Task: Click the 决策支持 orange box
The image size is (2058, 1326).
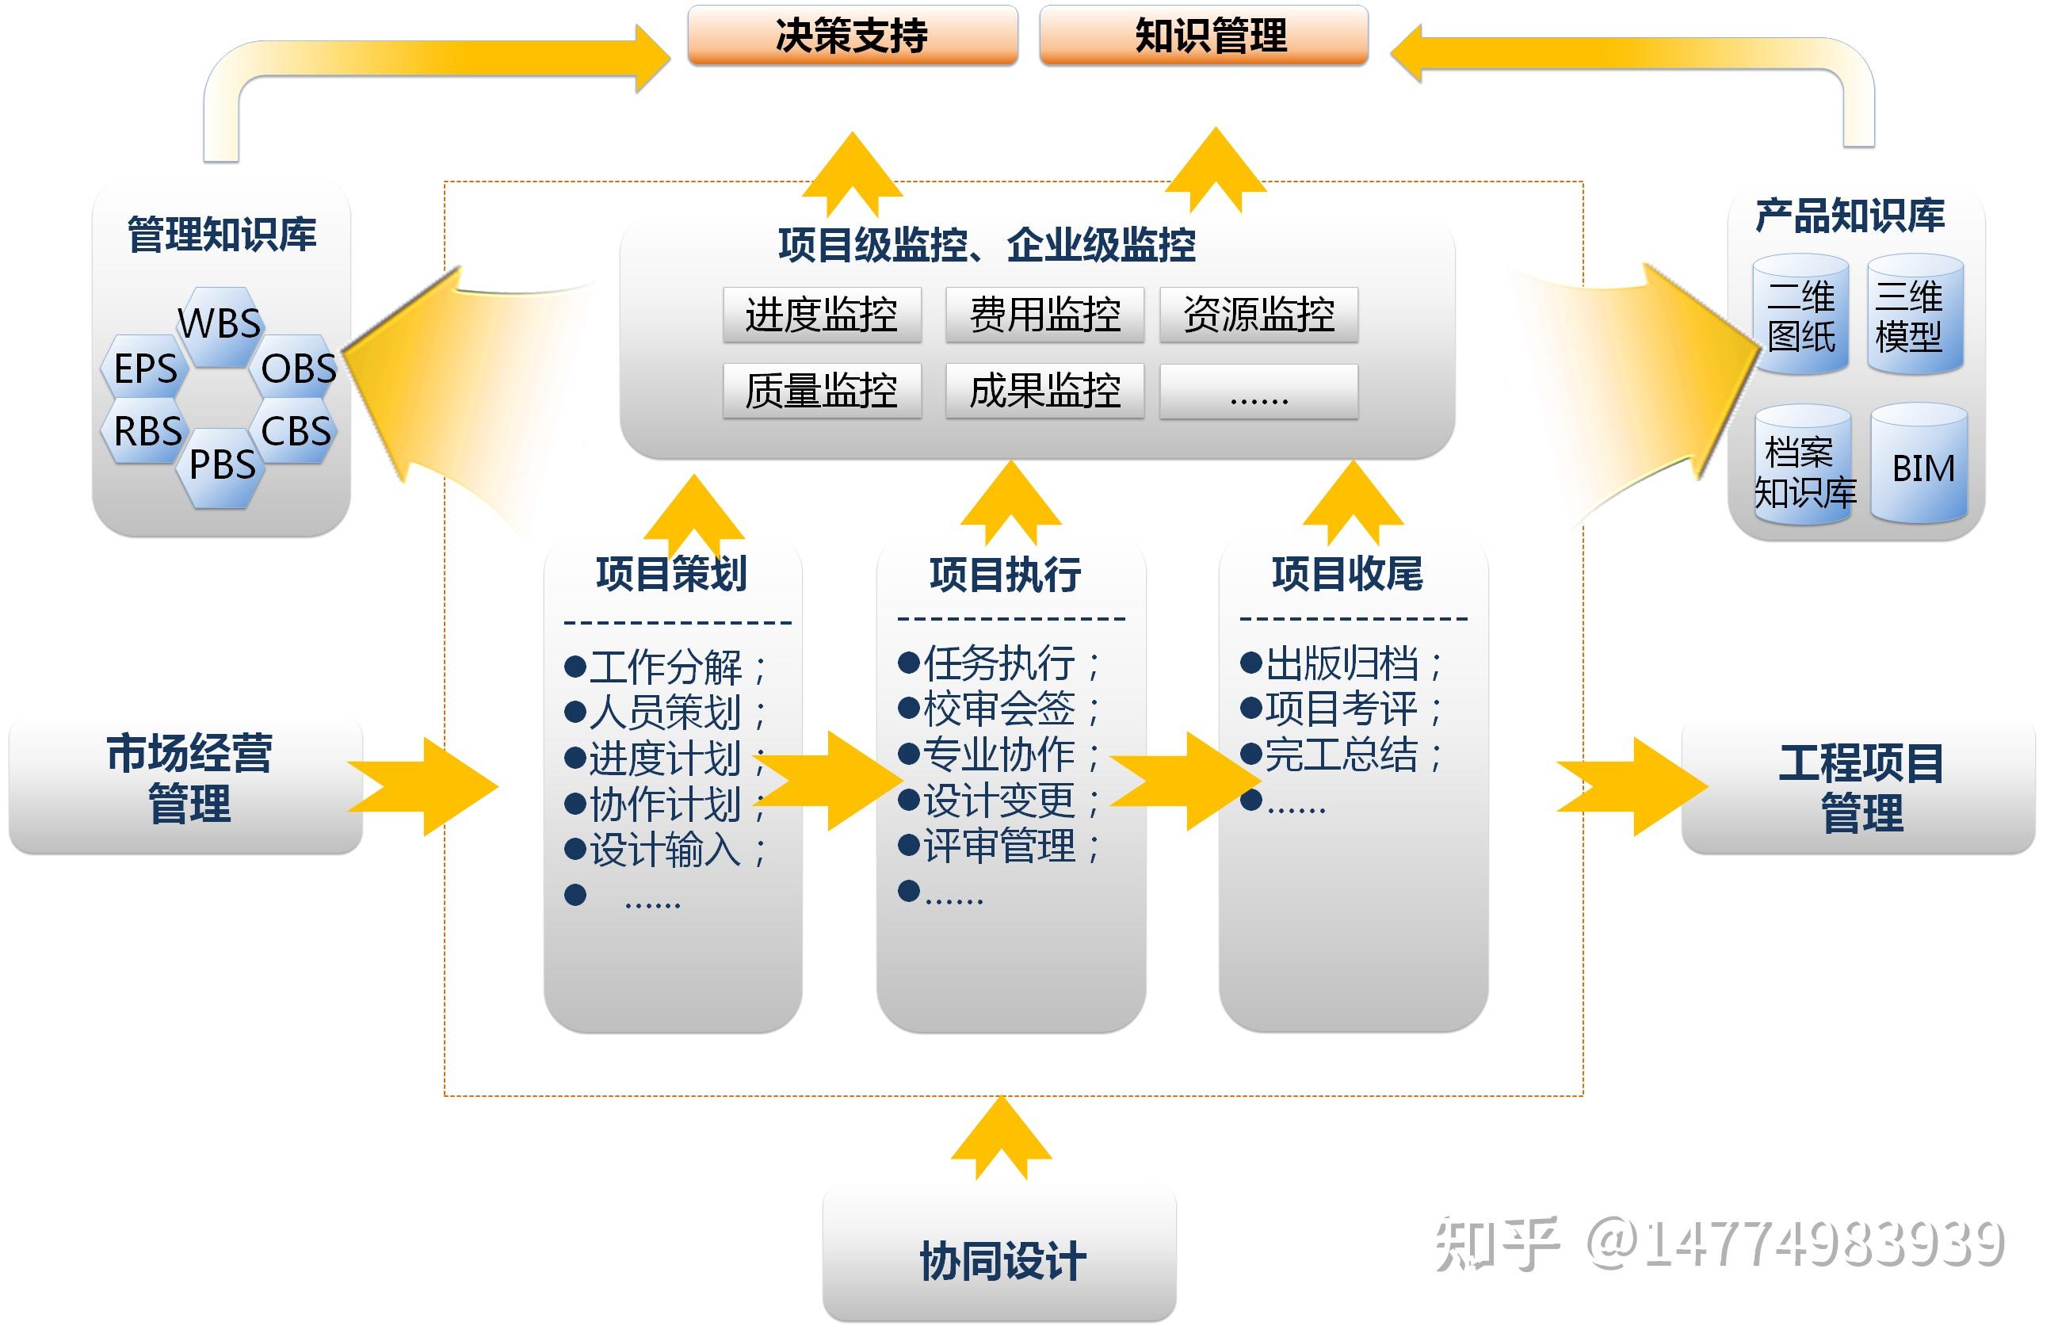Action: click(x=852, y=36)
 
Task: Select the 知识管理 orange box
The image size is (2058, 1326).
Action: click(x=1203, y=36)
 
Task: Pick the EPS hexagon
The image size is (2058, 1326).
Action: click(x=146, y=369)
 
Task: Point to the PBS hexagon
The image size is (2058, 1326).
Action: click(x=222, y=466)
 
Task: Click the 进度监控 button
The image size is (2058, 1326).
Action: click(x=822, y=315)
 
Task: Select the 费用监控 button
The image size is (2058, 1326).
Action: click(x=1044, y=315)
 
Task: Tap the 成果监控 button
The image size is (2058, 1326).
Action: click(x=1044, y=391)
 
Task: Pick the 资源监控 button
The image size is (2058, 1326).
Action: click(x=1258, y=315)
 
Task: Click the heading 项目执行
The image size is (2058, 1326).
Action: click(x=1005, y=575)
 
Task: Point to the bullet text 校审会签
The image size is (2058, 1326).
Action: click(x=998, y=709)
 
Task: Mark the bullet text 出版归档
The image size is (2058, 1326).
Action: click(x=1341, y=664)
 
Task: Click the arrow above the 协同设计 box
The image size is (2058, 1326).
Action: click(x=1001, y=1138)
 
